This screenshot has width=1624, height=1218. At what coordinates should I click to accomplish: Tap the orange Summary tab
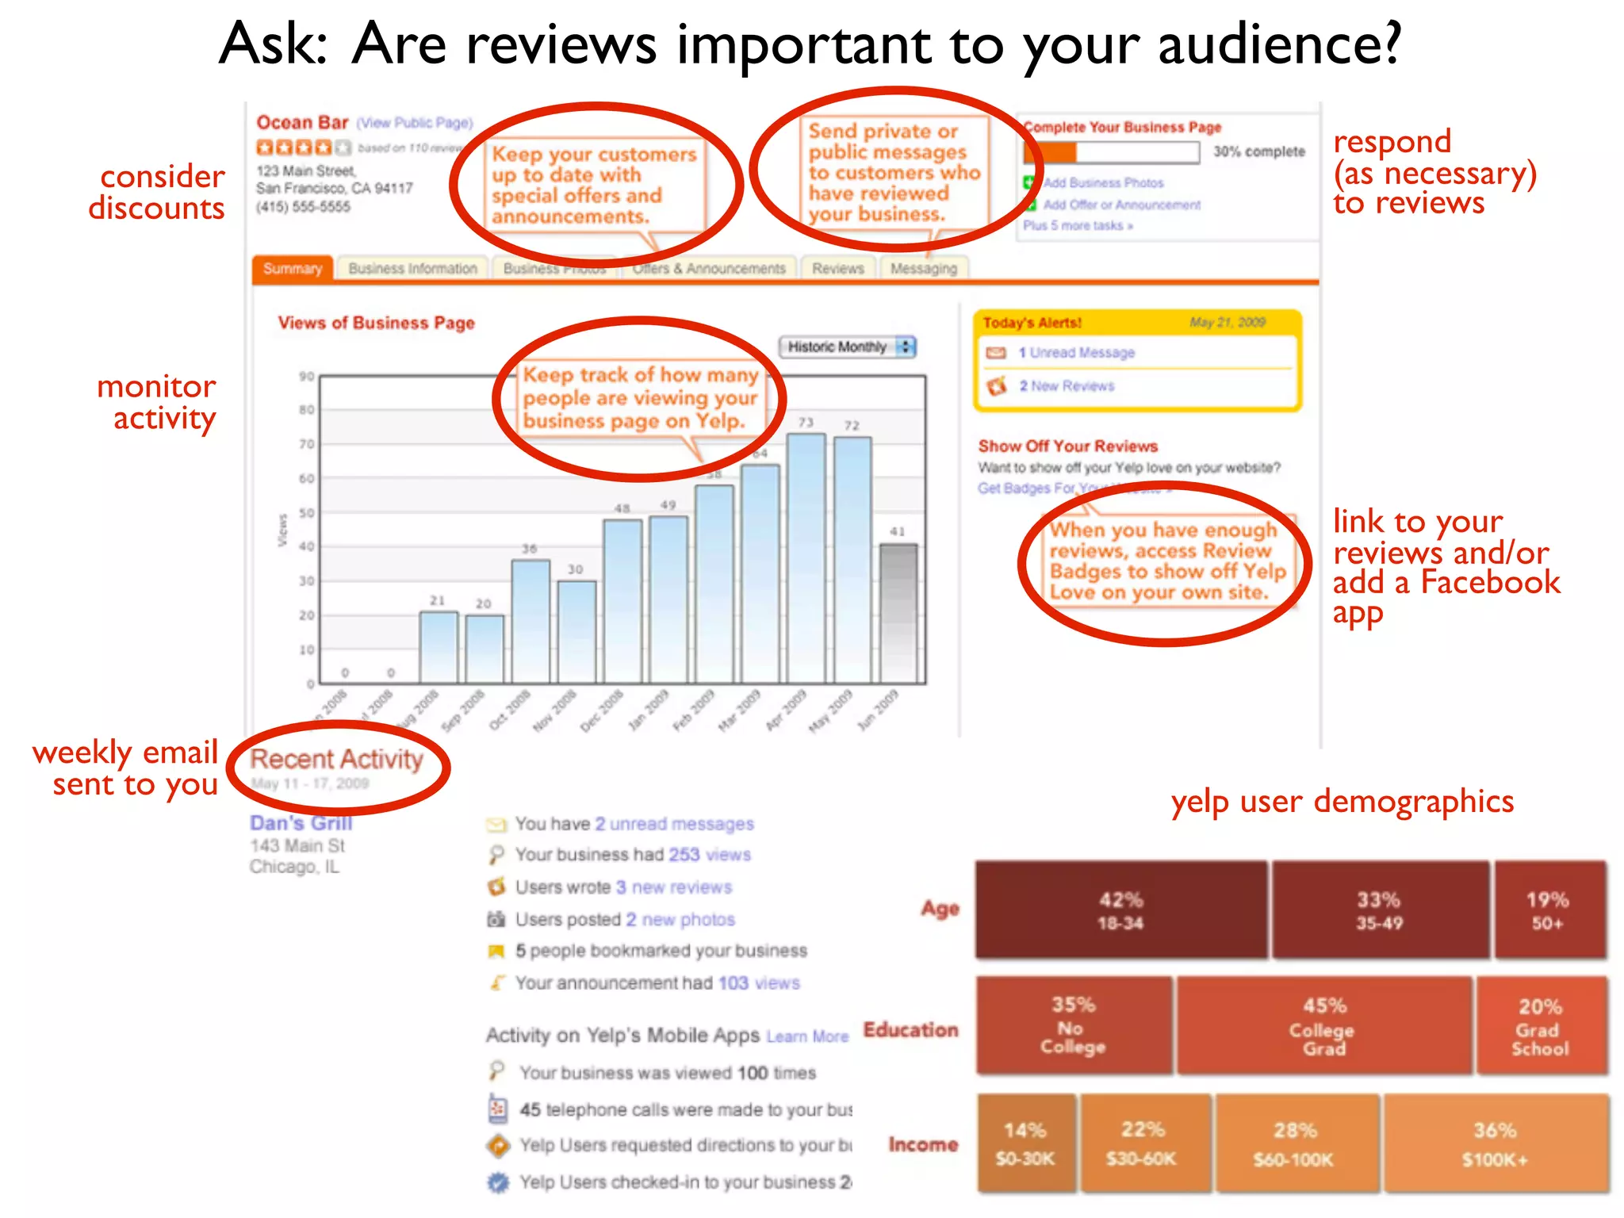pos(293,269)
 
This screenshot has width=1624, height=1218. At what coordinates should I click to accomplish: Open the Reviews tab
pos(837,269)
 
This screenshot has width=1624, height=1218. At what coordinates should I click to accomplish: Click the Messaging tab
pos(923,269)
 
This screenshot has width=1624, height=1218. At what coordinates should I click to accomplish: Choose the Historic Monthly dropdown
pos(848,347)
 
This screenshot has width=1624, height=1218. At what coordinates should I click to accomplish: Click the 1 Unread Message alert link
pos(1076,353)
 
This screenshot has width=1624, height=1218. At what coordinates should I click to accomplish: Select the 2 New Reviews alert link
pos(1067,386)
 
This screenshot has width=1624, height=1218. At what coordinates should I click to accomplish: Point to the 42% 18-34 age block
pos(1120,910)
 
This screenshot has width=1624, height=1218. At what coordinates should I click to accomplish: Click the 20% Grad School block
pos(1540,1026)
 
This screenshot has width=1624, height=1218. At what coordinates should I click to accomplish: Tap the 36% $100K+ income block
pos(1495,1143)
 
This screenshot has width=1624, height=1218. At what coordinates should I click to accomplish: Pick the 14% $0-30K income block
pos(1025,1143)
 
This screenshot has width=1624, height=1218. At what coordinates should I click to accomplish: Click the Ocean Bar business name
pos(302,123)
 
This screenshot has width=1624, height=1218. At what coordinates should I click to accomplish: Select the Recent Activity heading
pos(337,760)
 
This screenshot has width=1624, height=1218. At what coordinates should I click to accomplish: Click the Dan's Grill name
pos(301,823)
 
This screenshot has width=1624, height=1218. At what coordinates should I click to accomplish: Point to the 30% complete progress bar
pos(1111,151)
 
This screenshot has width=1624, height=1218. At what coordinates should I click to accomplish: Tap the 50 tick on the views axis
pos(306,513)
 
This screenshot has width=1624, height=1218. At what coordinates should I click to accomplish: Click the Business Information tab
pos(412,269)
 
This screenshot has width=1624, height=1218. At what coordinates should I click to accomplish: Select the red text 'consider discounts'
pos(157,192)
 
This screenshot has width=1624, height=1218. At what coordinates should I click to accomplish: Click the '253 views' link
pos(709,855)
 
